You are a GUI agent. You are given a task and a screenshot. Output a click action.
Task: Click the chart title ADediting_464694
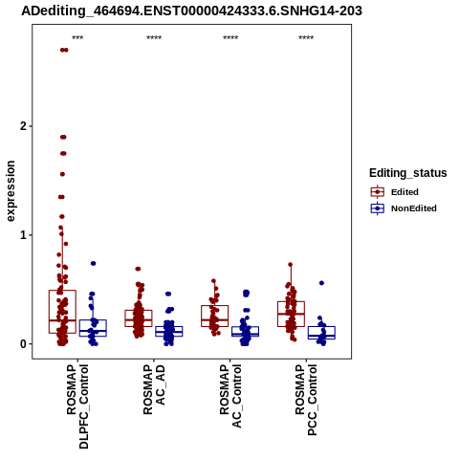click(191, 11)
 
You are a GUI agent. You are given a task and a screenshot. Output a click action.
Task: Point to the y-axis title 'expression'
click(11, 191)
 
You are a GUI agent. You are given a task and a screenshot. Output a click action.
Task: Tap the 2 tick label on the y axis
click(23, 126)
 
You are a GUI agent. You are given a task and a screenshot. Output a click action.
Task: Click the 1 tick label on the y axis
click(23, 235)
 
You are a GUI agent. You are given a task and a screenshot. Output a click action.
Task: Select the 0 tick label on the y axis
click(23, 344)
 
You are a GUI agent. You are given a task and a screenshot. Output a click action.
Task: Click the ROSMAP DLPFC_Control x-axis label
click(77, 406)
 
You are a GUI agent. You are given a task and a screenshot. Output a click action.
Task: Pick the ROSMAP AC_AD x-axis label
click(154, 389)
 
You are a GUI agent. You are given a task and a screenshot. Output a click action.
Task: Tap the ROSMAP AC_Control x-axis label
click(230, 396)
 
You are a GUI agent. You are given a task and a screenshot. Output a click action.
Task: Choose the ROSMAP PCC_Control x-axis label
click(306, 400)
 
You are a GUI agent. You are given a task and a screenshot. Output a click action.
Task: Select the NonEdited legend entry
click(404, 208)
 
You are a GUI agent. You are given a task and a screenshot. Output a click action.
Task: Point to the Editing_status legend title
click(408, 173)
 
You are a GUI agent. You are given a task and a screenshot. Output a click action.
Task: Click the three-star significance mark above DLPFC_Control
click(77, 37)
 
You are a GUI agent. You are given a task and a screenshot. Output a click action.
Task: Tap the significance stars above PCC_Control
click(306, 37)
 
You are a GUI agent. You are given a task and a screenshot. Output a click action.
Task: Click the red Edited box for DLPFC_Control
click(62, 291)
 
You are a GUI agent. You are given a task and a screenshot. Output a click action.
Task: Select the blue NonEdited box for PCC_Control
click(321, 327)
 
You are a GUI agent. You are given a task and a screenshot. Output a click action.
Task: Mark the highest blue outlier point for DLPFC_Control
click(94, 263)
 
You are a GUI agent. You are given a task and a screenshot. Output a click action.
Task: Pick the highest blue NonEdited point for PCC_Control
click(321, 283)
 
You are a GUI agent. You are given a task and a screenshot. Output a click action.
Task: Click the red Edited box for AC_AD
click(139, 310)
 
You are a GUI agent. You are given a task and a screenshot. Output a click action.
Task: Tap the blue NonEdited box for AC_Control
click(246, 327)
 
